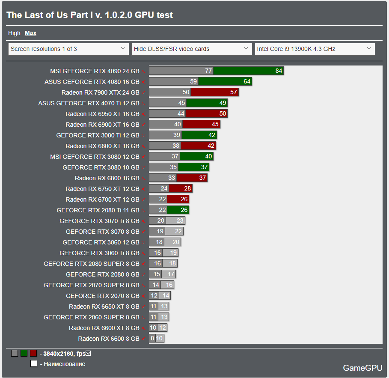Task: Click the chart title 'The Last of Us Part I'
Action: click(x=89, y=15)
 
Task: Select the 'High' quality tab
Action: click(x=14, y=33)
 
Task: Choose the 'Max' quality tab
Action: click(x=30, y=33)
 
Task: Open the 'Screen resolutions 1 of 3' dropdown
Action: click(x=68, y=49)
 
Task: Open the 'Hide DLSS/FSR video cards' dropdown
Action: click(x=191, y=49)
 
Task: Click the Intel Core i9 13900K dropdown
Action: click(x=315, y=49)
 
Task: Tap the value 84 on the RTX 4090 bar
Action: click(x=279, y=71)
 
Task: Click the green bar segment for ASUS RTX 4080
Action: click(x=225, y=82)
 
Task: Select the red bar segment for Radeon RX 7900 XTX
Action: click(x=214, y=92)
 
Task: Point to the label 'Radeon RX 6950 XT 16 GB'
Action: click(x=102, y=114)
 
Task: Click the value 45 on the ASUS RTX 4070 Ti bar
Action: click(x=182, y=103)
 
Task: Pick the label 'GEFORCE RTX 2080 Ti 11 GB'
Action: click(x=98, y=210)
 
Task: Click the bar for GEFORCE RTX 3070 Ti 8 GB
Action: click(x=167, y=221)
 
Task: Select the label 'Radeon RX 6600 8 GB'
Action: click(x=109, y=339)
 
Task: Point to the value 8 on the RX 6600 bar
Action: click(x=152, y=339)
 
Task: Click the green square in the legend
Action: click(x=24, y=354)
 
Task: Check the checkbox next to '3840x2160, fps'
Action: click(x=89, y=354)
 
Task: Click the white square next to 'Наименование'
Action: click(x=34, y=364)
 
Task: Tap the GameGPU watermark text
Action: click(x=362, y=368)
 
